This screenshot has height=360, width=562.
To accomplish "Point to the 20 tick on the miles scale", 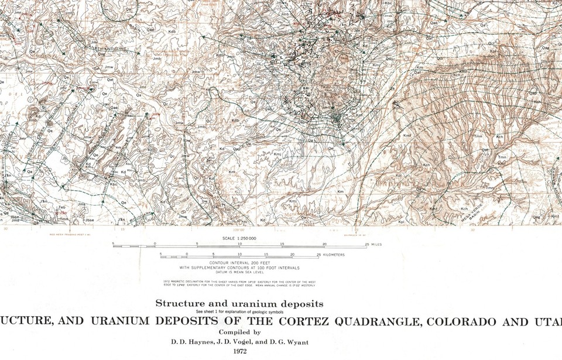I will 324,244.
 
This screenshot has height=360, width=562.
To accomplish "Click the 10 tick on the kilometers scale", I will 239,255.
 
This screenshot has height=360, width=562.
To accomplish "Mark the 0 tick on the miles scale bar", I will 155,244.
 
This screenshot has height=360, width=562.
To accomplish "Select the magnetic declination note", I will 240,284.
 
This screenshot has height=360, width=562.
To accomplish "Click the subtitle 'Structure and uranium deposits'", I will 239,304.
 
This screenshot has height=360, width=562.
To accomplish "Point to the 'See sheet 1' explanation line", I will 239,311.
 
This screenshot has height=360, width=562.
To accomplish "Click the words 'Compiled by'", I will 239,332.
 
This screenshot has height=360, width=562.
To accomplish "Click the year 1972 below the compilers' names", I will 239,351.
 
